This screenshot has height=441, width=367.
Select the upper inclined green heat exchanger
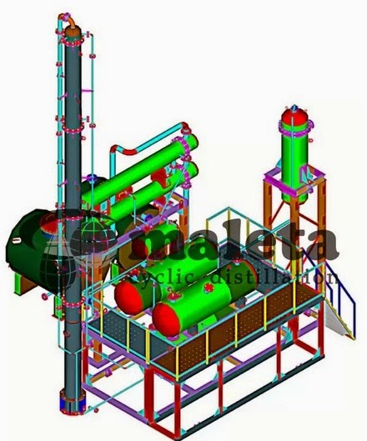[x=154, y=163]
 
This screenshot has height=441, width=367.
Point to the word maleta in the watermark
[x=250, y=243]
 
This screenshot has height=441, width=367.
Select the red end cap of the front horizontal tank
[x=164, y=314]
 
